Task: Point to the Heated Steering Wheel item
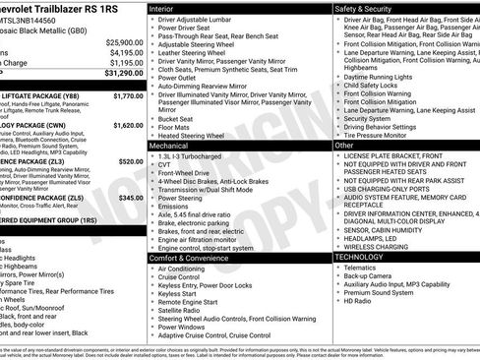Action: tap(196, 135)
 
